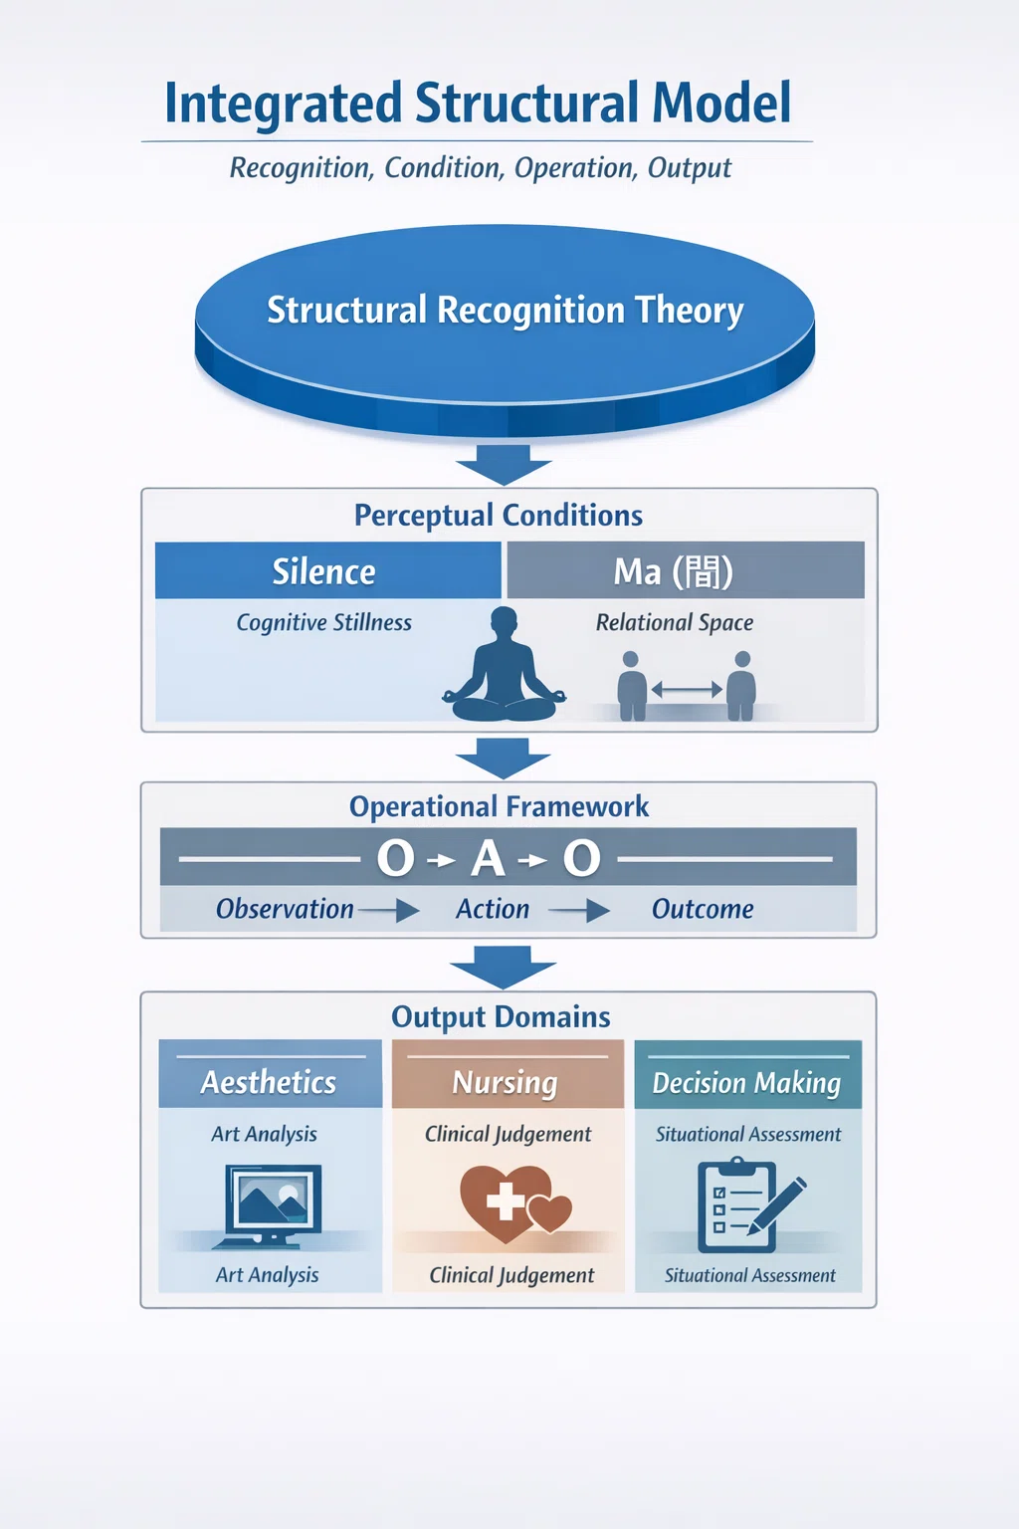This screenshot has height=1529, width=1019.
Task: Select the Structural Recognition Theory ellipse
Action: coord(506,330)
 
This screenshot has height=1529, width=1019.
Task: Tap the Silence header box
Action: coord(327,570)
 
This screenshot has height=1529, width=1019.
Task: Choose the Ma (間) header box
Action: coord(686,570)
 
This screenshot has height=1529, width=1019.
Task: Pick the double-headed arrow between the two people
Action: coord(687,690)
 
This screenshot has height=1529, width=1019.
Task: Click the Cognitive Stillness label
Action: coord(323,622)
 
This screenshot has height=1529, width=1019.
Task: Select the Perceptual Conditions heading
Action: coord(499,516)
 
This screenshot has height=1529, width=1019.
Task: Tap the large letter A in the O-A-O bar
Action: coord(488,858)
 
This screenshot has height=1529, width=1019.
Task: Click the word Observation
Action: coord(285,909)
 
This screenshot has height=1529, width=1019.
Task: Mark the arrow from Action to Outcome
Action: coord(579,911)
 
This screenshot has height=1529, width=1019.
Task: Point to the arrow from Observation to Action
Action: coord(388,911)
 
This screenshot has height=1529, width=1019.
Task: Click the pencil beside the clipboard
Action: coord(777,1206)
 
